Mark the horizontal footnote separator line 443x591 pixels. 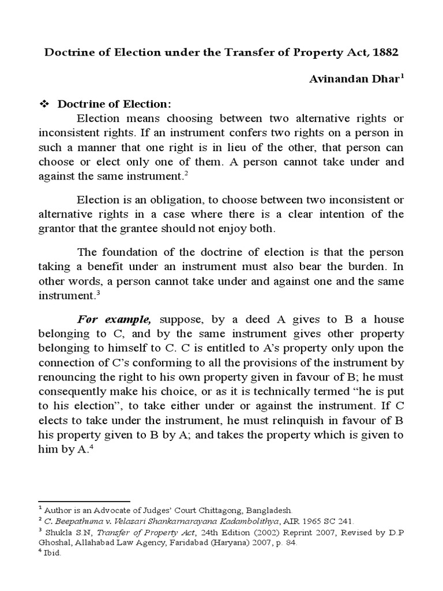click(84, 502)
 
